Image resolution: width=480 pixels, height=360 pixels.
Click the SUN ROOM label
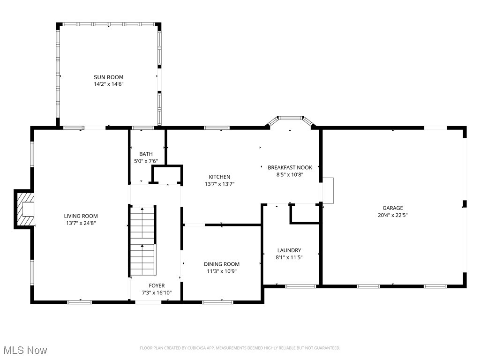108,77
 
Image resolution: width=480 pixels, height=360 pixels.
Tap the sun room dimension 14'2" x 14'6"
108,84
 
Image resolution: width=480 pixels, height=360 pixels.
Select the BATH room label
146,154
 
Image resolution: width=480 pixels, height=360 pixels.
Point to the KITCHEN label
219,177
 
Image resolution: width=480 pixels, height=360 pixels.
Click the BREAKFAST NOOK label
290,167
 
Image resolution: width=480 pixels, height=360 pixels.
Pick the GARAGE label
392,208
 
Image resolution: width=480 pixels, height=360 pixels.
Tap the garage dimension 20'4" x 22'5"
392,215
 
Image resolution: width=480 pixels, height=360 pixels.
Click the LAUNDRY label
289,250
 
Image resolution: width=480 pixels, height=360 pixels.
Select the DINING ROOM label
221,264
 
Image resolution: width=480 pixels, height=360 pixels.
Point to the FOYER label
157,285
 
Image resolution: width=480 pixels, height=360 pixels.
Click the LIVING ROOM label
81,216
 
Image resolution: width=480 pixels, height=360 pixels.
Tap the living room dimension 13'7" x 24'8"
81,223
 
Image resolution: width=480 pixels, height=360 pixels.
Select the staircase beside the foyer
142,241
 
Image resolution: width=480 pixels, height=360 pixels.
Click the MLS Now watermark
24,350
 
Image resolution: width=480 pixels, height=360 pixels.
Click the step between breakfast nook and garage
328,190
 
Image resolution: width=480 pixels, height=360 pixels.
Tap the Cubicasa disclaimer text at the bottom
240,348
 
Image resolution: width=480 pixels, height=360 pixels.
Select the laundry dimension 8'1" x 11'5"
289,257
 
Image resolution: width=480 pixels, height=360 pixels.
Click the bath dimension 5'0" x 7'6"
146,161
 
